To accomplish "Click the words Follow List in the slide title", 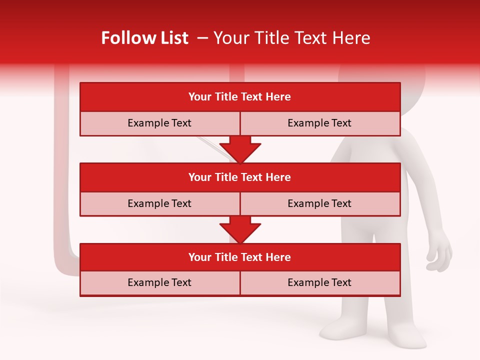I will [144, 38].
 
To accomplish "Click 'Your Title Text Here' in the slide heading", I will [291, 38].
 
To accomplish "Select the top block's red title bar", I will [240, 97].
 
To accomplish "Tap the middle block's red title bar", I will [240, 177].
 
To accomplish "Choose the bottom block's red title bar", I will [240, 257].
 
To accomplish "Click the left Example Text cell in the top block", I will [159, 123].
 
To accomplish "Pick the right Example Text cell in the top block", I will [319, 123].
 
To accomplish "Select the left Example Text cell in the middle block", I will [159, 203].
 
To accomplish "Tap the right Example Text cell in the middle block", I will [319, 203].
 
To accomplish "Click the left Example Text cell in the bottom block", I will [159, 282].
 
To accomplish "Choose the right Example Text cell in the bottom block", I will [319, 282].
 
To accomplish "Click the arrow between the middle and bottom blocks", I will [240, 229].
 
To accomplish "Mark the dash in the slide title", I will [203, 38].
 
